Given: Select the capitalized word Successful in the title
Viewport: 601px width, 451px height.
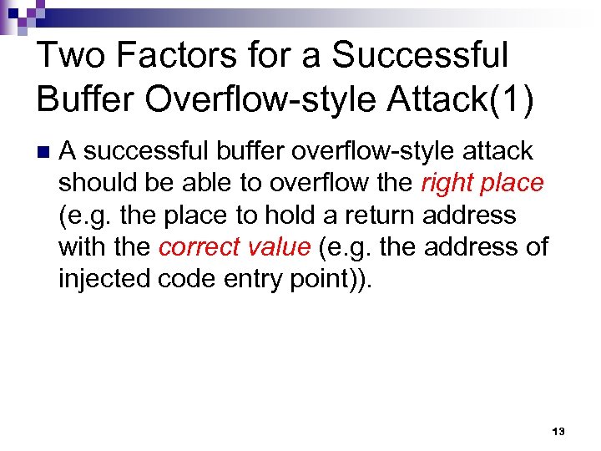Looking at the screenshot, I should [420, 56].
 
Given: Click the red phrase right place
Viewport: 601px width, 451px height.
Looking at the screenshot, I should [482, 183].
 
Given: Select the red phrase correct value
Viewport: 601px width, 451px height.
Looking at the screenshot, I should [235, 246].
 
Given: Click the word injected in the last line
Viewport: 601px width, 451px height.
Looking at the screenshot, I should [104, 279].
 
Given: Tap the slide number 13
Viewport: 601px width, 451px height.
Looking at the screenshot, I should [558, 432].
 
